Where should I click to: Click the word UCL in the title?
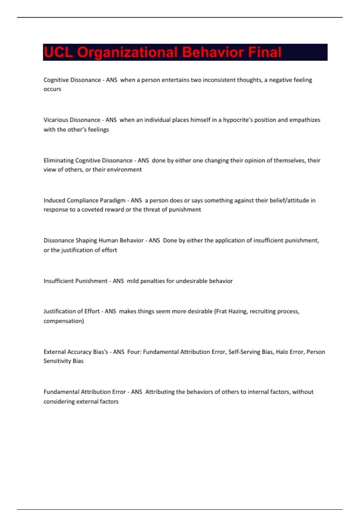tap(58, 52)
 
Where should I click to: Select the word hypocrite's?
tap(238, 120)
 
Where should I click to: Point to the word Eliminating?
tap(58, 160)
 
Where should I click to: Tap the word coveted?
tap(92, 209)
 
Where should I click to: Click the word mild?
tap(133, 281)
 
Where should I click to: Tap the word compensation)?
tap(64, 321)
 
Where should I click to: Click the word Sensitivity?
tap(57, 361)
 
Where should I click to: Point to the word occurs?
tap(52, 89)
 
